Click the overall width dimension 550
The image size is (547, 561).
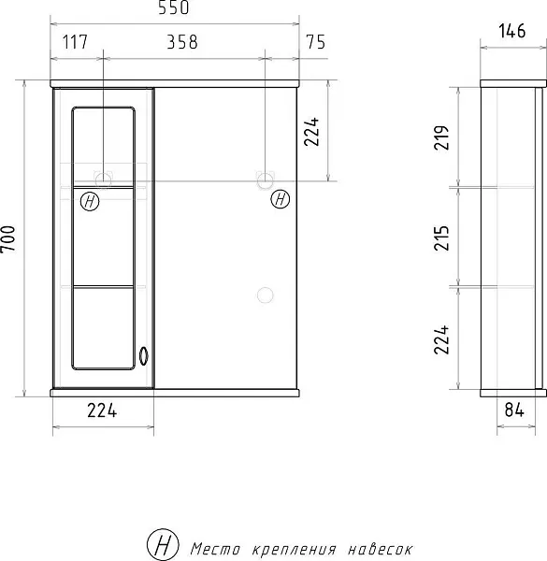coord(174,7)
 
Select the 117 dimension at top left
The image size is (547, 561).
coord(75,42)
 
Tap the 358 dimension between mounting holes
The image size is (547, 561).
coord(182,42)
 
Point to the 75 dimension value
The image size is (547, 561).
coord(315,42)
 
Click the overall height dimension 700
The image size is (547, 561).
coord(8,239)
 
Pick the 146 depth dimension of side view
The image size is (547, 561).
coord(512,31)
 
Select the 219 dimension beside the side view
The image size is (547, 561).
coord(441,137)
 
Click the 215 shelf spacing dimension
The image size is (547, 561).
coord(441,237)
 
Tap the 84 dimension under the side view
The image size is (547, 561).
coord(514,410)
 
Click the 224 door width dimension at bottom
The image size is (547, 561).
coord(102,410)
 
